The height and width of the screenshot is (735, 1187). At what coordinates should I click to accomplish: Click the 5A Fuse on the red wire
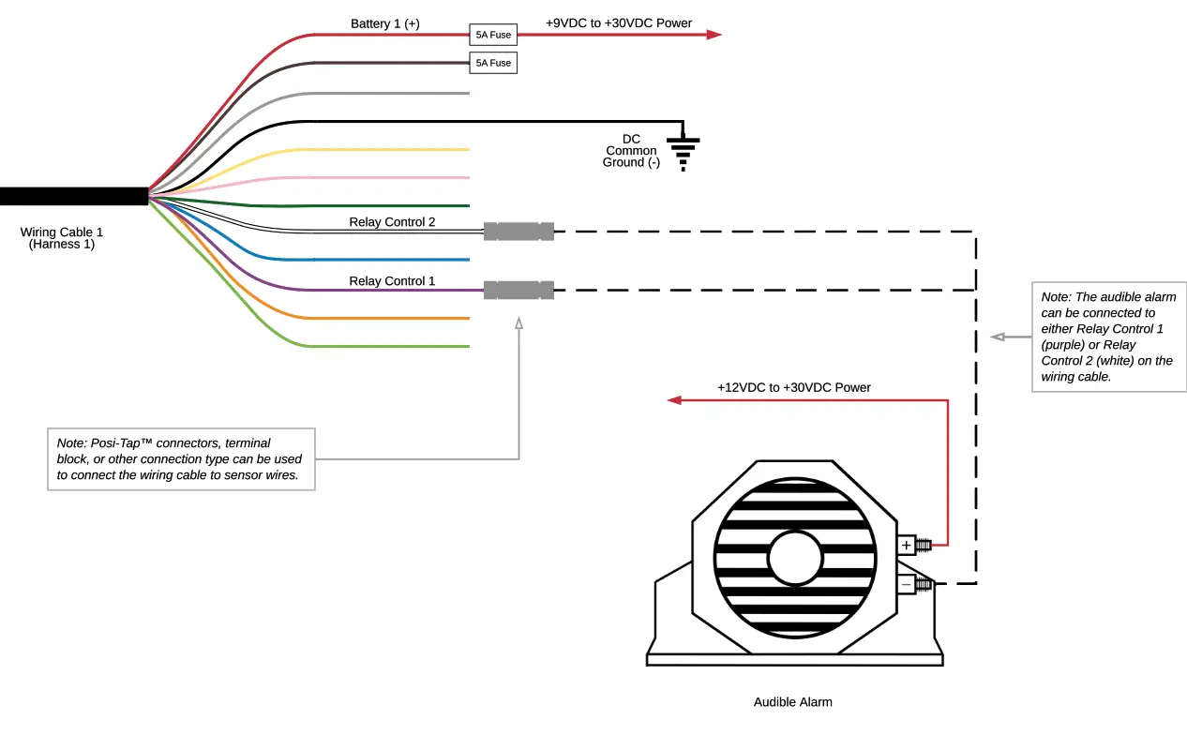pos(493,35)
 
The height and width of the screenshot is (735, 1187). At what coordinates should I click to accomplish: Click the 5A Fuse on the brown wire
pos(493,63)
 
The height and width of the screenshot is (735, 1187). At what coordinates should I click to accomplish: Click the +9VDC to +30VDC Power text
pos(618,22)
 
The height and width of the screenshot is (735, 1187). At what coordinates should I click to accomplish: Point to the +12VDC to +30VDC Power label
pos(793,386)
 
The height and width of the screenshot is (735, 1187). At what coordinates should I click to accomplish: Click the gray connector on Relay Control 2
pos(518,231)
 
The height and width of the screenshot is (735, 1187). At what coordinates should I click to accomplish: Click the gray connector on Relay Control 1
pos(518,290)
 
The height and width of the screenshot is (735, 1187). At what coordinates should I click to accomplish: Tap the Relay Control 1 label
pos(392,280)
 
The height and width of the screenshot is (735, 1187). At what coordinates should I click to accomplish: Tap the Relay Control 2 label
pos(392,222)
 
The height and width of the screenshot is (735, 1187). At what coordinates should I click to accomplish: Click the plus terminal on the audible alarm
pos(907,545)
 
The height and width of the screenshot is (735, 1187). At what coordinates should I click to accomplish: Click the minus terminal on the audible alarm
pos(907,584)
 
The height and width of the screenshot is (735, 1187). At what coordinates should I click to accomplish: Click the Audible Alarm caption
pos(792,701)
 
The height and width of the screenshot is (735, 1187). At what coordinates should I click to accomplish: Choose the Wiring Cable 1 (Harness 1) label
pos(62,238)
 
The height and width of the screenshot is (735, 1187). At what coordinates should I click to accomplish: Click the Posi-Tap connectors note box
pos(180,458)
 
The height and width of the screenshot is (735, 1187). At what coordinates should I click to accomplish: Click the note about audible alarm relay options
pos(1108,336)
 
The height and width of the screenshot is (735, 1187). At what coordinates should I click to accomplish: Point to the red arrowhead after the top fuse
pos(714,35)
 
